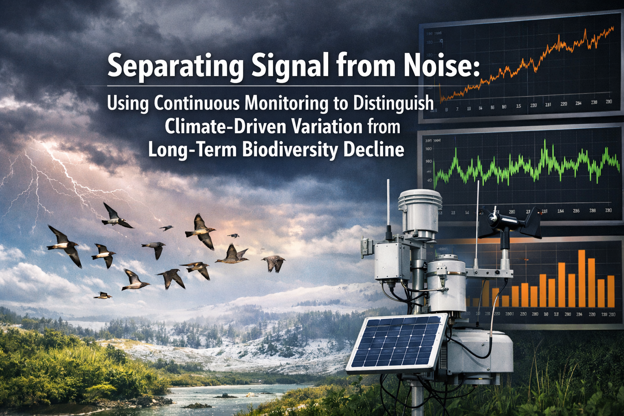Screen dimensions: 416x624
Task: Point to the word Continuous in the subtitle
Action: (197, 103)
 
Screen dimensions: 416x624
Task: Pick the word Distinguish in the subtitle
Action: (393, 103)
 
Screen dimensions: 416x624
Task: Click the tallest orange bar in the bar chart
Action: (581, 278)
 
